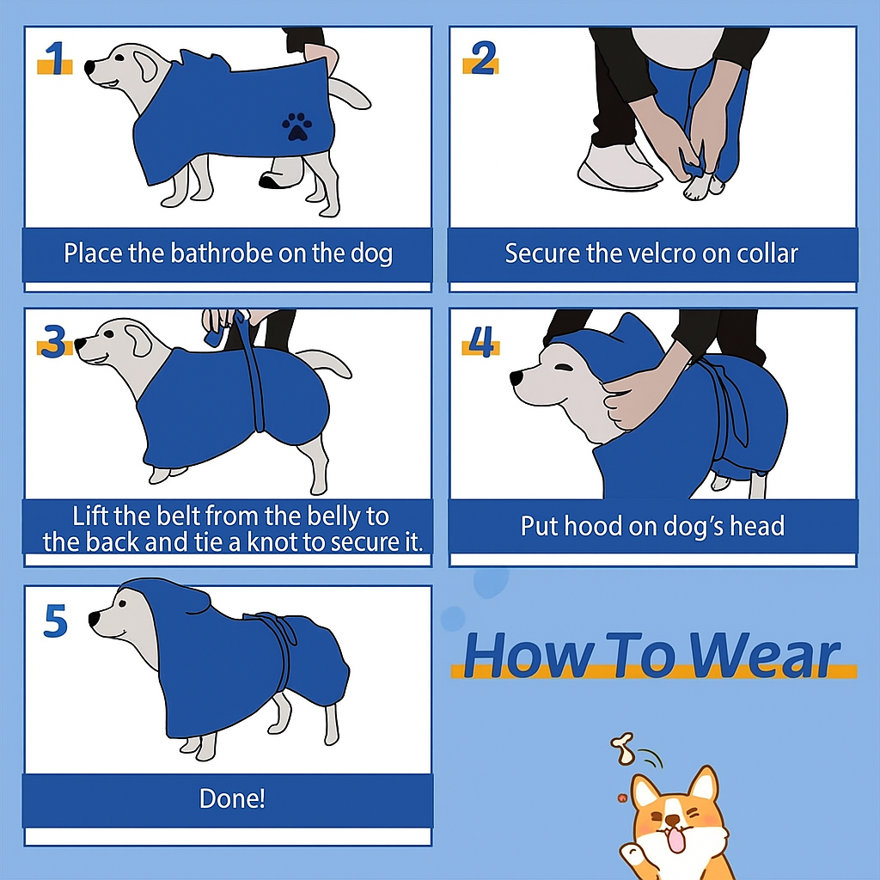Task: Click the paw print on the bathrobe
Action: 296,126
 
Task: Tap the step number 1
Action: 55,58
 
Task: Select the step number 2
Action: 482,58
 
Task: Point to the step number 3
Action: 54,341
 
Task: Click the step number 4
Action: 481,341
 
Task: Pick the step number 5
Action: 56,620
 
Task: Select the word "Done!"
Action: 232,798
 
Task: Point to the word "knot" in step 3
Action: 272,542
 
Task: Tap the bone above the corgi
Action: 622,749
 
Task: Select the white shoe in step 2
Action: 617,167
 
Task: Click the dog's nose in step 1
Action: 89,67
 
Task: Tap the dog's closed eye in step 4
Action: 563,368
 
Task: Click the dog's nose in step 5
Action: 95,619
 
